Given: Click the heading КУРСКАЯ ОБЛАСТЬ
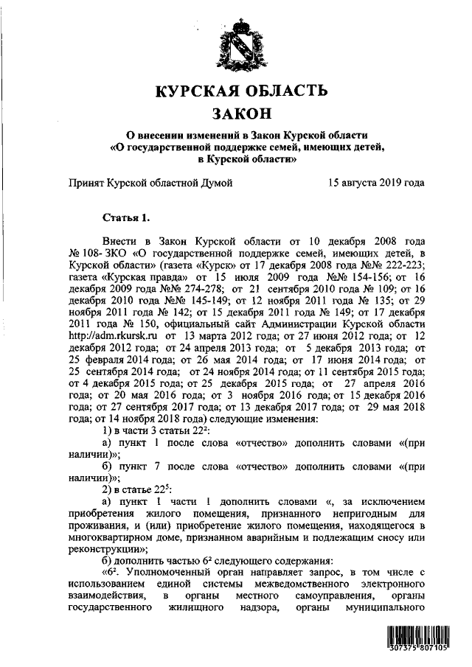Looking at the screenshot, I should tap(240, 91).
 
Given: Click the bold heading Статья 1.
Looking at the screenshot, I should tap(125, 217).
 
